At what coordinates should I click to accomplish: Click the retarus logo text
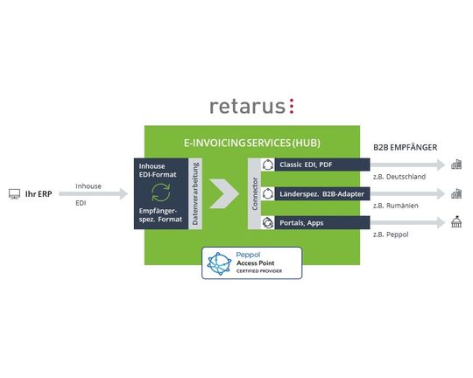point(251,106)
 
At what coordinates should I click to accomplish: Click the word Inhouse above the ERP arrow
point(88,185)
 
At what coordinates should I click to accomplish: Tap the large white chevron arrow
point(225,193)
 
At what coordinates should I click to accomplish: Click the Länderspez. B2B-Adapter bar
point(315,193)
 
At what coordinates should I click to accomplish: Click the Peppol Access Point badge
point(251,262)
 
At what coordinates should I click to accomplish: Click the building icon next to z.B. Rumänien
point(456,193)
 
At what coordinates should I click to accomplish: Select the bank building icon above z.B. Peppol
point(456,222)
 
